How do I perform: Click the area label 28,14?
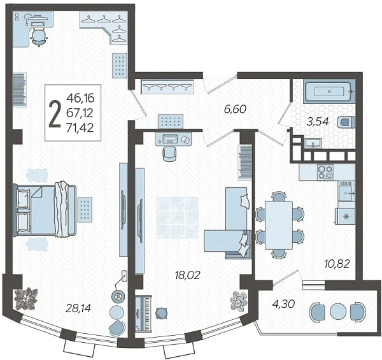tap(78, 308)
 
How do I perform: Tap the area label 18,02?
tap(187, 275)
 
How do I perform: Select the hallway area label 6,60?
tap(236, 109)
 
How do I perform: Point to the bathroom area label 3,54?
tap(318, 122)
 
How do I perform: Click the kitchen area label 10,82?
tap(337, 264)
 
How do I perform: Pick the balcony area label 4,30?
tap(283, 304)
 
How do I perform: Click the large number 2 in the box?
tap(55, 113)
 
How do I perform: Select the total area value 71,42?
tap(80, 127)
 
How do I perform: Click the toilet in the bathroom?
tap(346, 122)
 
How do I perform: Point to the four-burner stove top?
tap(325, 172)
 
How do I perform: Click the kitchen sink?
tap(346, 191)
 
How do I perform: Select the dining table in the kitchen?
tap(279, 225)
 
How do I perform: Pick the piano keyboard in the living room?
tap(143, 313)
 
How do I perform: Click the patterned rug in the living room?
tap(177, 217)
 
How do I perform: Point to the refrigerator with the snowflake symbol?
tap(345, 217)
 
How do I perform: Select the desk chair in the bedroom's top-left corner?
tap(39, 37)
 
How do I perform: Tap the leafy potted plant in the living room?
tap(239, 300)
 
